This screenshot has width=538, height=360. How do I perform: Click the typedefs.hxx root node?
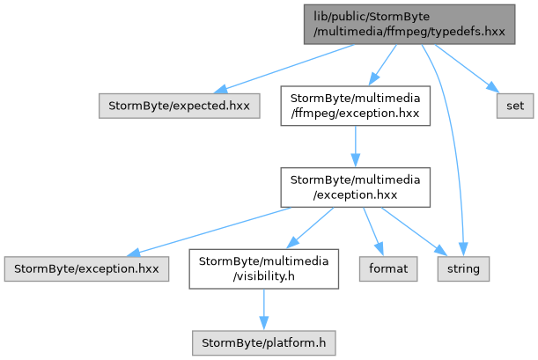tap(409, 25)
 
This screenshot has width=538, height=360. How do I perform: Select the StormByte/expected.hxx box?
tap(179, 106)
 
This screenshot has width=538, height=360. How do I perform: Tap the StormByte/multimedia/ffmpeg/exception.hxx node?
tap(355, 106)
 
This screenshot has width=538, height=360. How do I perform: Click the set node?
tap(515, 106)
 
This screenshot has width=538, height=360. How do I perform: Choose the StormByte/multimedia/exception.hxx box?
tap(355, 187)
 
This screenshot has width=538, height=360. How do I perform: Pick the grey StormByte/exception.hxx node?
tap(86, 269)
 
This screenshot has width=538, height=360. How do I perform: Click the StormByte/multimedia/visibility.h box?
tap(263, 269)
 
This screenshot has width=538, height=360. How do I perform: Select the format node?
tap(388, 269)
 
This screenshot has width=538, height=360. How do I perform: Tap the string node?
tap(463, 269)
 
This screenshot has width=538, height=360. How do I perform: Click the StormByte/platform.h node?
tap(263, 343)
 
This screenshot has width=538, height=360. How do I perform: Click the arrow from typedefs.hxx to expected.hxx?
tap(284, 69)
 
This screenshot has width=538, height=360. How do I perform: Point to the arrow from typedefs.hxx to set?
tap(467, 69)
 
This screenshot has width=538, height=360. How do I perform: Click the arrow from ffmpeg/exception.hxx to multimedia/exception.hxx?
tap(356, 147)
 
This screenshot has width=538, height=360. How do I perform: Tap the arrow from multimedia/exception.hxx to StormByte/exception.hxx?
tap(209, 232)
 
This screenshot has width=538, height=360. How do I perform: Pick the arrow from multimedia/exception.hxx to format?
tap(373, 231)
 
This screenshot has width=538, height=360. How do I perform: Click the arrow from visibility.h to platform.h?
tap(264, 310)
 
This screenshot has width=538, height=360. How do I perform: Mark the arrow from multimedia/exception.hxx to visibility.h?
tap(310, 228)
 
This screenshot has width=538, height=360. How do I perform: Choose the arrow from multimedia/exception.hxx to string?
tap(414, 231)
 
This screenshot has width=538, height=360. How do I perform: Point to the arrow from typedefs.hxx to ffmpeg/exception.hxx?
tap(382, 65)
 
